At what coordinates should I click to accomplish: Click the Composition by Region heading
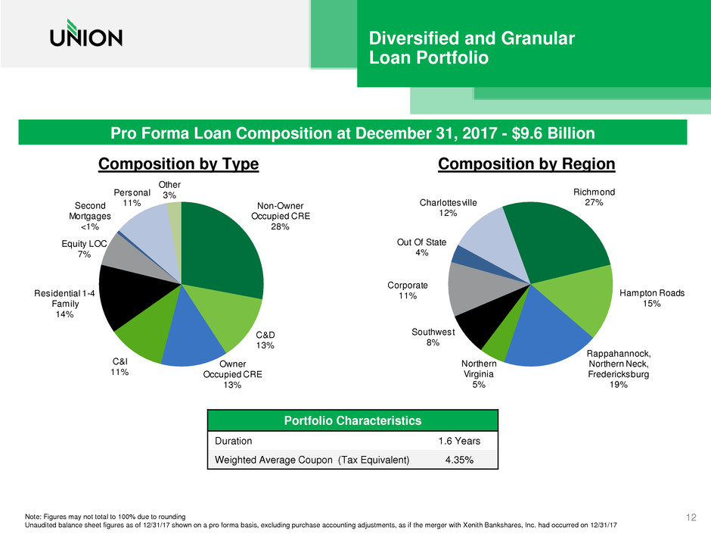[x=526, y=164]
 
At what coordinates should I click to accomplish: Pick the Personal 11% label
[x=132, y=198]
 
